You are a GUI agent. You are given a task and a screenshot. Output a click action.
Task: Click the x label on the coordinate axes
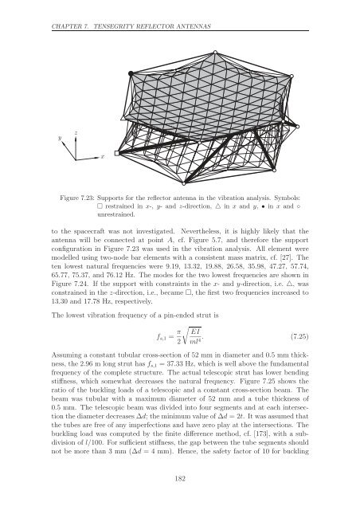coord(102,158)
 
